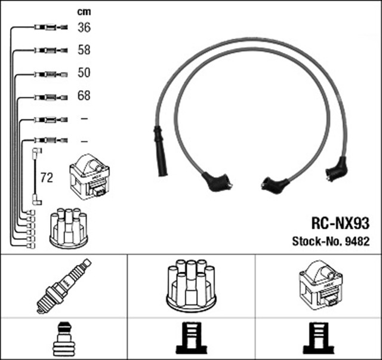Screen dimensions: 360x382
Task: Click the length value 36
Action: coord(84,27)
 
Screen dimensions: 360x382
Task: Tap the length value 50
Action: coord(84,72)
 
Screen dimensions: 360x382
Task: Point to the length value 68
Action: coord(84,96)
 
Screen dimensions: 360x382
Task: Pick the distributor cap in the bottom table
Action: coord(191,285)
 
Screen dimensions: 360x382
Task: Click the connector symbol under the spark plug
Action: coord(63,339)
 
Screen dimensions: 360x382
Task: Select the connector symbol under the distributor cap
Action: coord(191,339)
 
